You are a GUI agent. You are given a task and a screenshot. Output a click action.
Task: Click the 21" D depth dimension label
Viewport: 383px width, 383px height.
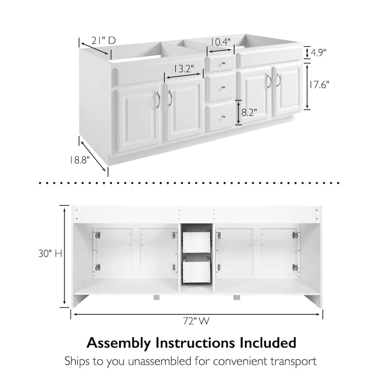tap(103, 40)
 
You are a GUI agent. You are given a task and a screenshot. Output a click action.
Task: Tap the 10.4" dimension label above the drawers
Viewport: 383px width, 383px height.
tap(220, 42)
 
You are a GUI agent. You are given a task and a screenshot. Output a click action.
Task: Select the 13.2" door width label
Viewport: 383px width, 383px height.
tap(184, 69)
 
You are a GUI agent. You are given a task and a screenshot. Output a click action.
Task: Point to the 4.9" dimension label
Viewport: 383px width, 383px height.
tap(318, 52)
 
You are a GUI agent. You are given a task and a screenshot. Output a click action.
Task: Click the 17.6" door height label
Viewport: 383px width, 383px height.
tap(319, 85)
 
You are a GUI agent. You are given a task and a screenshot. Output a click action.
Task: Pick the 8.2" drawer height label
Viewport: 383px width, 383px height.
tap(249, 112)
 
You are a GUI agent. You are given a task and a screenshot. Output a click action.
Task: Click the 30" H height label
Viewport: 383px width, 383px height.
tap(50, 254)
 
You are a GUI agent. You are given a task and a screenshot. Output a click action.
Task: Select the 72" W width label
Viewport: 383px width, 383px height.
tap(196, 321)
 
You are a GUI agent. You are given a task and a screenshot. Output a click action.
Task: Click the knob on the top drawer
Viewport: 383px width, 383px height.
tap(223, 64)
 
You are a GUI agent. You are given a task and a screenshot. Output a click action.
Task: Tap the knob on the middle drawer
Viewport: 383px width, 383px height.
tap(223, 87)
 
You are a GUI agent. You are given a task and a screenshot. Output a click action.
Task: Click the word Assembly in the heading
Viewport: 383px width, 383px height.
tap(119, 343)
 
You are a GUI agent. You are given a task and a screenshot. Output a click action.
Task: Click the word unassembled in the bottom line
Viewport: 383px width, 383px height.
tap(160, 361)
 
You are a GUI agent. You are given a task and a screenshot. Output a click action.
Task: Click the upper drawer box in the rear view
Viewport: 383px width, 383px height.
tap(196, 242)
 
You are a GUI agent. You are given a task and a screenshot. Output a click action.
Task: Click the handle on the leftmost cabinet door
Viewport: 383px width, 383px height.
tap(157, 100)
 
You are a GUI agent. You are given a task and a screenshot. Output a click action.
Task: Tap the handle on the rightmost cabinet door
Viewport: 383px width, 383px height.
tap(278, 80)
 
